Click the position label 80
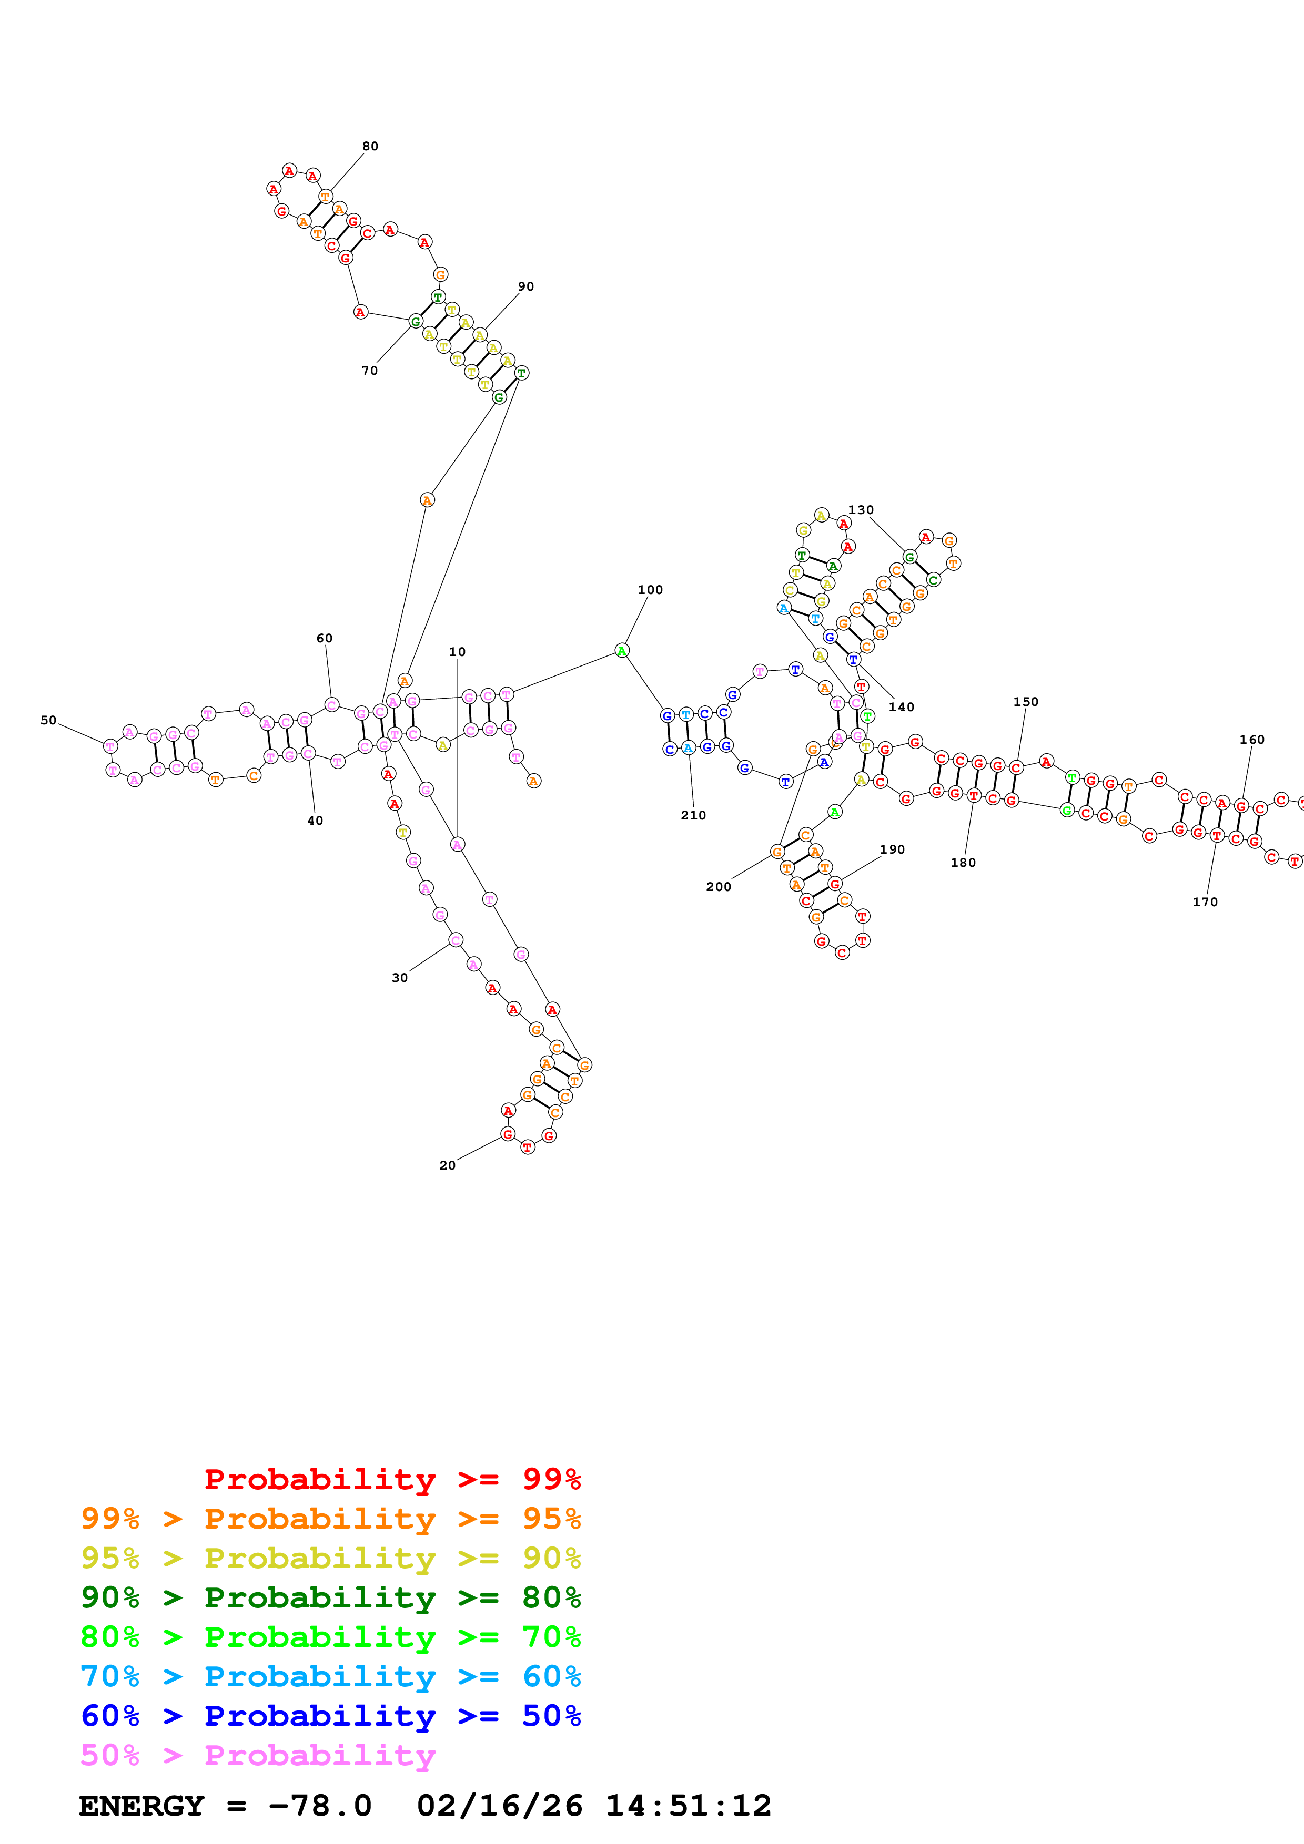(x=370, y=146)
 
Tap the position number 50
(x=49, y=721)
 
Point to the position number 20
(x=448, y=1165)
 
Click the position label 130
(x=861, y=510)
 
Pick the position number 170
(x=1205, y=902)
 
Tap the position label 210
(x=693, y=815)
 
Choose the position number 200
(x=719, y=887)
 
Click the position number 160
(x=1252, y=740)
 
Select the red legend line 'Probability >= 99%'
(x=392, y=1479)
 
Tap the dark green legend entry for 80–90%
(x=330, y=1597)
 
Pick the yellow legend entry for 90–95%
(x=330, y=1558)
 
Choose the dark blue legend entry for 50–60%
(x=330, y=1716)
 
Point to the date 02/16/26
(x=500, y=1806)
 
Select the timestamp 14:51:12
(x=688, y=1806)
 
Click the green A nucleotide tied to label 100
(x=622, y=651)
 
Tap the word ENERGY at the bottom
(x=141, y=1806)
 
